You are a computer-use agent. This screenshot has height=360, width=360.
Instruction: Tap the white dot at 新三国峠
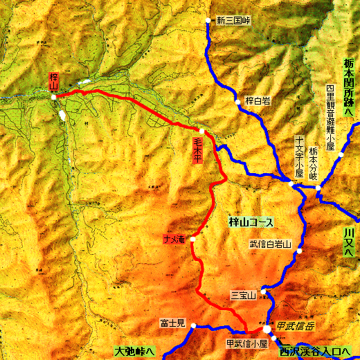coord(208,21)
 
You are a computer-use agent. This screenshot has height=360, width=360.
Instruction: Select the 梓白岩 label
coord(257,101)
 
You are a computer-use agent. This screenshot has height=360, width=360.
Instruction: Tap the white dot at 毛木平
coord(202,131)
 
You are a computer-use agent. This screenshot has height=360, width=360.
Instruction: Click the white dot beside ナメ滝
coord(192,239)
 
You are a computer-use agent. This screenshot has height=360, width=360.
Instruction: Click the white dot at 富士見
coord(194,325)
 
